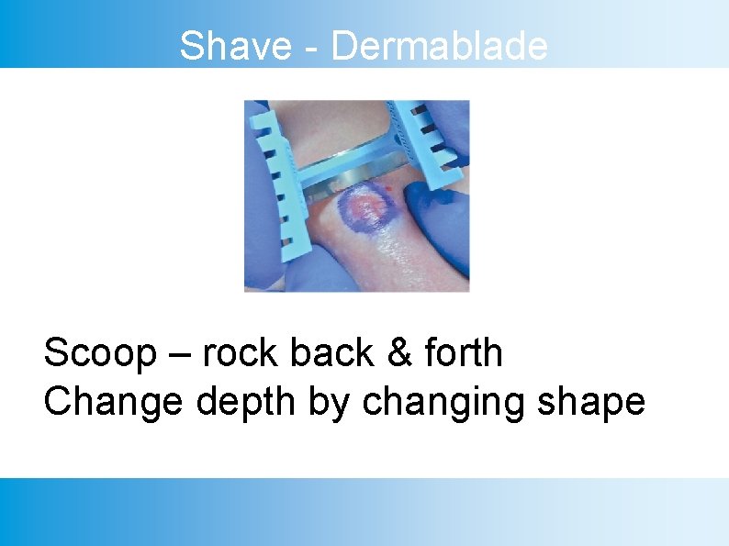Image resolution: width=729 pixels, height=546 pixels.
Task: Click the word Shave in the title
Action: [x=234, y=46]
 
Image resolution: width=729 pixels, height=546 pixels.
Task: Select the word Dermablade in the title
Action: [x=439, y=46]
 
